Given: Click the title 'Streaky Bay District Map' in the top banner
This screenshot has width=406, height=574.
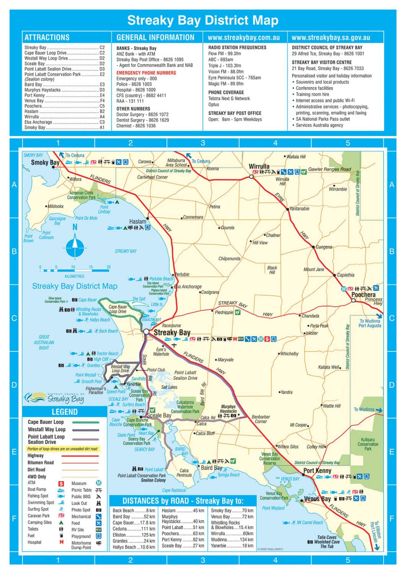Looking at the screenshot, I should [202, 20].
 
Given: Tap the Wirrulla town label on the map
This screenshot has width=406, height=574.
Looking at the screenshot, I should [259, 166].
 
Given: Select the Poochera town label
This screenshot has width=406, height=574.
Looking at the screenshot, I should [363, 295].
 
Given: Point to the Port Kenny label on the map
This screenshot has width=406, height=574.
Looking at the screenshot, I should [317, 471].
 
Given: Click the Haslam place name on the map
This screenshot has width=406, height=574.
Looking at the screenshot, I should [137, 221].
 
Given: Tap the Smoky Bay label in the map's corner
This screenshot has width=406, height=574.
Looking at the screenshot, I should [45, 162].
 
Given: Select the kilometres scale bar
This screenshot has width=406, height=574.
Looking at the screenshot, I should [75, 270].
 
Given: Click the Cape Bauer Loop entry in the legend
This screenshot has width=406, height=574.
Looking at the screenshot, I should [46, 422].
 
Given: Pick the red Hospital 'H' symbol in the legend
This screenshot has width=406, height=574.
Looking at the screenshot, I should [61, 542].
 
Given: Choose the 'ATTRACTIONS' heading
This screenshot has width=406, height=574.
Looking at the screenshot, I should [47, 38].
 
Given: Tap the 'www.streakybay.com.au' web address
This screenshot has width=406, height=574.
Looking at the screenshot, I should [243, 38].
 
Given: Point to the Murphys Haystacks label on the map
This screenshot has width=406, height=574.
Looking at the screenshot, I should [228, 409].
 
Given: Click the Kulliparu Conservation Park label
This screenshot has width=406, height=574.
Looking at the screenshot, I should [368, 444].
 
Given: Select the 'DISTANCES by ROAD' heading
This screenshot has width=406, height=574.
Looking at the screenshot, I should [183, 501].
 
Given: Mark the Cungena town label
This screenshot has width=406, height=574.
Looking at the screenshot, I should [324, 247].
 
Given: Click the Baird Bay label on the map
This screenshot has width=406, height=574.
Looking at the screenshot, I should [211, 468].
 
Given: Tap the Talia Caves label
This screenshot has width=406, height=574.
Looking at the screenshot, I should [326, 537].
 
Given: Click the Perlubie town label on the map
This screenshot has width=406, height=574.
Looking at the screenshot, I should [182, 274].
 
